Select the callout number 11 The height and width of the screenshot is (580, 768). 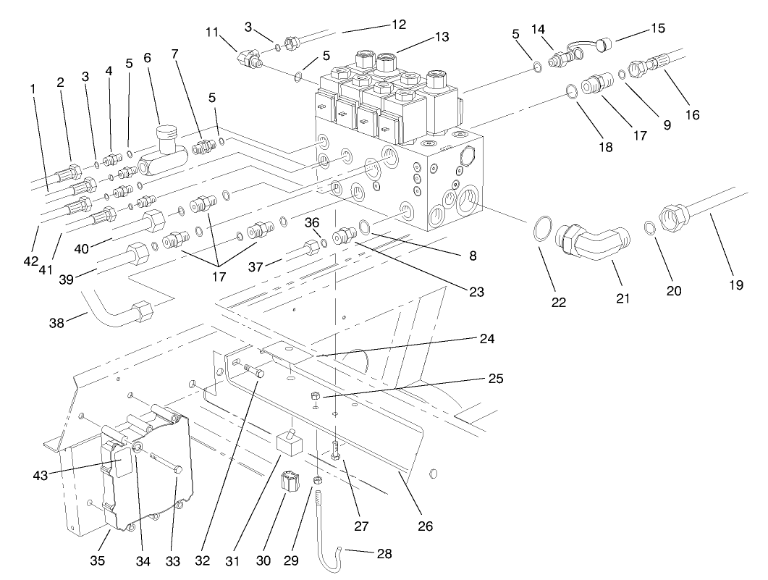click(x=211, y=32)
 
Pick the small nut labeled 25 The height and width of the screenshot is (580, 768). click(x=316, y=396)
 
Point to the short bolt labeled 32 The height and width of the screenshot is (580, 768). click(x=254, y=371)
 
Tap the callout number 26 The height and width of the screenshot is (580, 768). click(x=426, y=526)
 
